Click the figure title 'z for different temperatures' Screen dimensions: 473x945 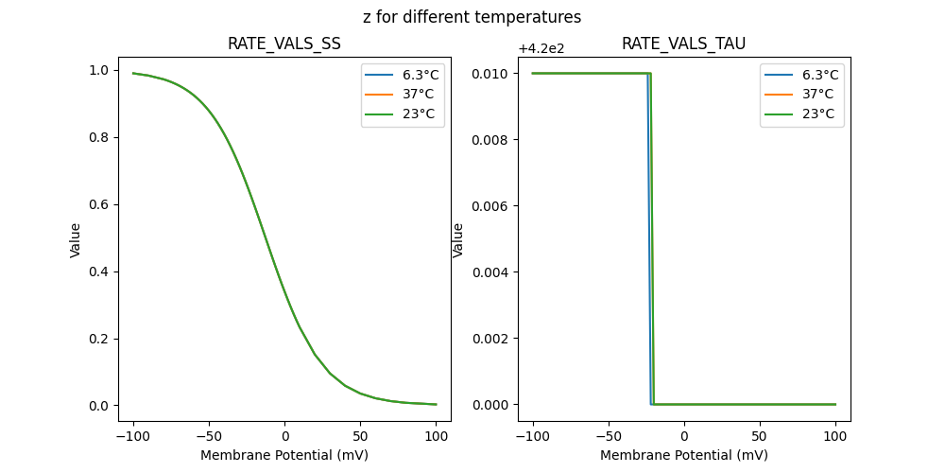click(x=472, y=17)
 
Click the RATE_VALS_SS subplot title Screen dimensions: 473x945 click(x=284, y=44)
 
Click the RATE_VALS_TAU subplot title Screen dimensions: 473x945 click(x=684, y=44)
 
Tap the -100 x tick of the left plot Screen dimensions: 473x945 click(x=132, y=436)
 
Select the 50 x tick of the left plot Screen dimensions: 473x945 click(x=360, y=436)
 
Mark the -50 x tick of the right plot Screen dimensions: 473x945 click(x=609, y=436)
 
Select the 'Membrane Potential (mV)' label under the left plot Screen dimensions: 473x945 click(x=284, y=455)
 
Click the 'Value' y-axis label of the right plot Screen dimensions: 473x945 click(x=458, y=240)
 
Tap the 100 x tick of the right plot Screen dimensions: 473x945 click(x=835, y=436)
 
